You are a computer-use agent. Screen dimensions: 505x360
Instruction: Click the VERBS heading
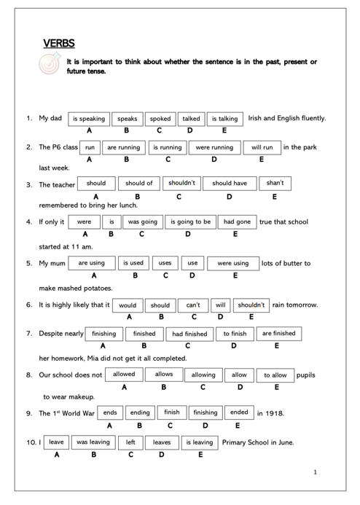tap(59, 44)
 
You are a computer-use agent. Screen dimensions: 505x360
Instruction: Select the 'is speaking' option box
tap(88, 118)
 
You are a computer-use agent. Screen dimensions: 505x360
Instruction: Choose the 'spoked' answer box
tap(160, 118)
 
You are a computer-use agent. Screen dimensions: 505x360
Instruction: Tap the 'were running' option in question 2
tap(214, 147)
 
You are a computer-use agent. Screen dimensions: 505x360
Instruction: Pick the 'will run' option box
tap(262, 147)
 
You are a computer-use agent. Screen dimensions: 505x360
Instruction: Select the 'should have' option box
tap(230, 183)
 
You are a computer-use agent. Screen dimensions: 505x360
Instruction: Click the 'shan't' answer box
tap(275, 183)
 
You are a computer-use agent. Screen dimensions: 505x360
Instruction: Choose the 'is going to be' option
tap(190, 222)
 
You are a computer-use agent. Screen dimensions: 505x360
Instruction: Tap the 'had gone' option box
tap(236, 222)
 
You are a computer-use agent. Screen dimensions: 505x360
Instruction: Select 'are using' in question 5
tap(92, 263)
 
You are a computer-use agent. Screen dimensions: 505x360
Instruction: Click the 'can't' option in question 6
tap(193, 305)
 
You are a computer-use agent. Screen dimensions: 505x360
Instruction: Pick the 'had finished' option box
tap(189, 334)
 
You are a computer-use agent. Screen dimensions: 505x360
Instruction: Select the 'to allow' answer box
tap(275, 375)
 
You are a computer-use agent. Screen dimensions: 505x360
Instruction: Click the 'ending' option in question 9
tap(140, 412)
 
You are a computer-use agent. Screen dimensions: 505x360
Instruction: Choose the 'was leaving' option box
tap(93, 442)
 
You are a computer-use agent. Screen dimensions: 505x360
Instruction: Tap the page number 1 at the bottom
tap(315, 472)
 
